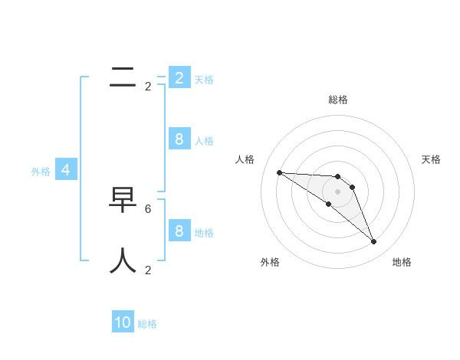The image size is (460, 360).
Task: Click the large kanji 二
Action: (x=123, y=77)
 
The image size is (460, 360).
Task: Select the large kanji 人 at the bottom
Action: (x=123, y=260)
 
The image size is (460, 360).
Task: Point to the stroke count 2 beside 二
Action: (x=148, y=87)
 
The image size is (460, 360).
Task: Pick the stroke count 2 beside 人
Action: (x=148, y=270)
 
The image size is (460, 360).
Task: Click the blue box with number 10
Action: (x=123, y=322)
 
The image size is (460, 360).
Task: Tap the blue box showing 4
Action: (x=66, y=170)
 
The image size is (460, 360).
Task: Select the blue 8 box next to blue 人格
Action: (x=179, y=139)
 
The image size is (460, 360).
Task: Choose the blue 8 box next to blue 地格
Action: (x=179, y=231)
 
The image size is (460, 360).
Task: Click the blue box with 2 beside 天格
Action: (x=179, y=77)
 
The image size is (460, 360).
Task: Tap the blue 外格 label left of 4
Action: (x=41, y=172)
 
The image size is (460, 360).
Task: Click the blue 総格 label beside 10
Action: (x=147, y=324)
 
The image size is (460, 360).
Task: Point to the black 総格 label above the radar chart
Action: (x=337, y=100)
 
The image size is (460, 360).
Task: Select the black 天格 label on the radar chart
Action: (x=431, y=159)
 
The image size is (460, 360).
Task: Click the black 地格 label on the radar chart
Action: (x=402, y=262)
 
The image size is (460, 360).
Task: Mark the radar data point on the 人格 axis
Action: (x=279, y=172)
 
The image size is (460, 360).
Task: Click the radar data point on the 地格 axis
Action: (x=373, y=241)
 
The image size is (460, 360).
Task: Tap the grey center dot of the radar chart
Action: (x=337, y=191)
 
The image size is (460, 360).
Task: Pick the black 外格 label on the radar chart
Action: (x=270, y=262)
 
